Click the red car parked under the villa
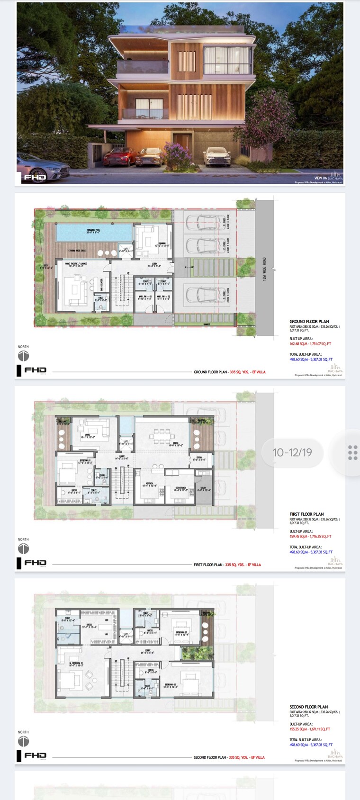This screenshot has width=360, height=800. click(119, 156)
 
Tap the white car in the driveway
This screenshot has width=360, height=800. click(216, 156)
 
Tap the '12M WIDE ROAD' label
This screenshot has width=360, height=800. click(264, 269)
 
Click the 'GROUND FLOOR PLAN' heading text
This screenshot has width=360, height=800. click(309, 322)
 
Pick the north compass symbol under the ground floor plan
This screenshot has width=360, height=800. click(23, 356)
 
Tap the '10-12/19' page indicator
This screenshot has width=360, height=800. click(292, 452)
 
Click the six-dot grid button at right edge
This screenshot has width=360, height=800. click(352, 452)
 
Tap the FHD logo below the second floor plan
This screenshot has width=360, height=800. click(35, 755)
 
